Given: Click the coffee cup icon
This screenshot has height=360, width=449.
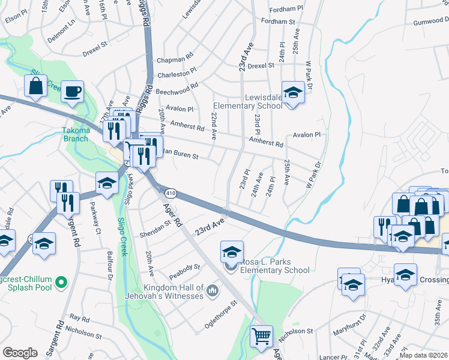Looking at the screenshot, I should pos(73,92).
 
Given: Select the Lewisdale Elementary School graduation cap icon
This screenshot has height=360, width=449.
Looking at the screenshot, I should pos(293,93).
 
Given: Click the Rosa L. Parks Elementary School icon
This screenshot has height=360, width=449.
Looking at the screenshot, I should pos(232,252).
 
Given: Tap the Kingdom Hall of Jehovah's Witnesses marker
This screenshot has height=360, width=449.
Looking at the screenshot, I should pos(211,292).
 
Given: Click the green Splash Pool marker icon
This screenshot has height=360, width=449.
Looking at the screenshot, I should pos(61,281).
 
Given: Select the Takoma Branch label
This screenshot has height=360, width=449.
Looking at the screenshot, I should pos(76,134).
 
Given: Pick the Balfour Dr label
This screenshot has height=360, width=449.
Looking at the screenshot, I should pos(110,266).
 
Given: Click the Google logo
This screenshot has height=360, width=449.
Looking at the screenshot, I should pos(20,353).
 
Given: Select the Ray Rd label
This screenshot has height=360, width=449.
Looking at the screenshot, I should pos(79,317).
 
